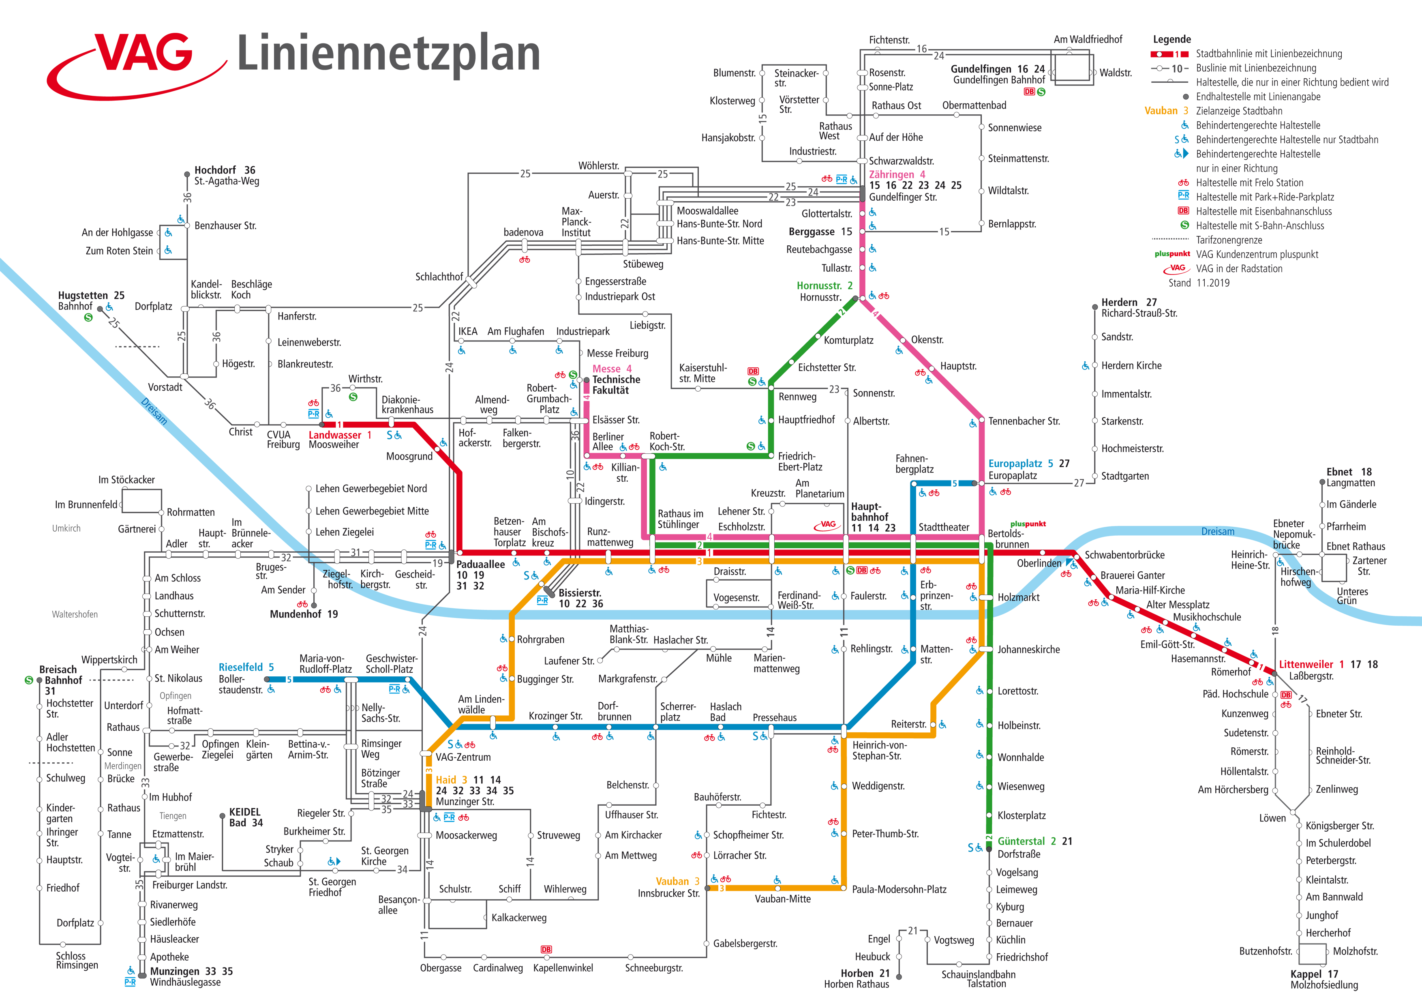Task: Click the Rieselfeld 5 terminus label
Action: click(x=246, y=667)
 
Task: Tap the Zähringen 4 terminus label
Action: click(x=896, y=175)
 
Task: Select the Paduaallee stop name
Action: click(x=480, y=564)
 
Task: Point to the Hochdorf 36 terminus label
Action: click(x=224, y=170)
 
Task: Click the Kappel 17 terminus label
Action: click(x=1314, y=974)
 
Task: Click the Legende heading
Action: click(x=1172, y=39)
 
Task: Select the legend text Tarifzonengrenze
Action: click(x=1228, y=240)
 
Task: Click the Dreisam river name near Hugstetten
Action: click(x=154, y=411)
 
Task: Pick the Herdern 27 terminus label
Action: click(x=1129, y=302)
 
